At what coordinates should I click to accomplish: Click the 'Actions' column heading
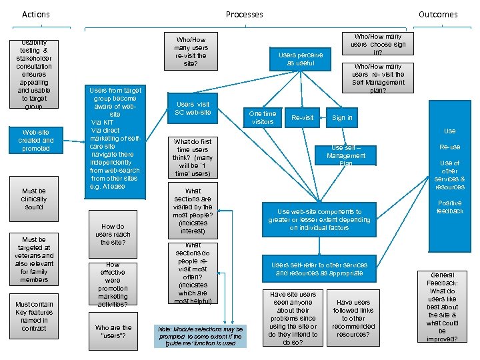point(36,14)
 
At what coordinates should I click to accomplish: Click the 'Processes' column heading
point(244,14)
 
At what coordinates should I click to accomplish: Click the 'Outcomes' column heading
point(438,14)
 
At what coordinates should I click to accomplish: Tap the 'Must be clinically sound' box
point(34,199)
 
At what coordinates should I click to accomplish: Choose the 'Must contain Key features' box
point(34,316)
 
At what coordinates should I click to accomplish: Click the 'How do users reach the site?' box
point(113,234)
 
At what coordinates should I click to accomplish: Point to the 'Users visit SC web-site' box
point(193,108)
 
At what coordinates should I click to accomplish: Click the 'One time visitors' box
point(262,117)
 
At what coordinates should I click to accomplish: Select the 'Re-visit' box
point(302,117)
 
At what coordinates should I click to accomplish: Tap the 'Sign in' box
point(342,117)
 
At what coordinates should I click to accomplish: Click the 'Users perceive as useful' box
point(301,59)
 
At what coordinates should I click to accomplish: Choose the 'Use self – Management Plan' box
point(346,155)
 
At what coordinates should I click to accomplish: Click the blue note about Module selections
point(201,335)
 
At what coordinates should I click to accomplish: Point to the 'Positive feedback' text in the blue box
point(449,207)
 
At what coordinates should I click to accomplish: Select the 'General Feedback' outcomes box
point(443,307)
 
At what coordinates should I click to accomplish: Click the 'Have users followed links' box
point(353,318)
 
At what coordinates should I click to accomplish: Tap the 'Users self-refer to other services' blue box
point(319,269)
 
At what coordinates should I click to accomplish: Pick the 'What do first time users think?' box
point(193,157)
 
